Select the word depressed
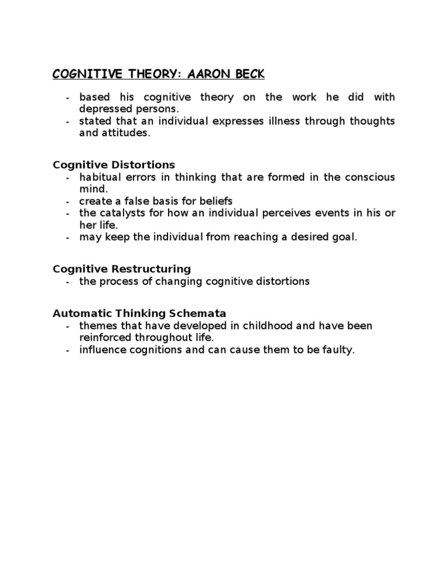point(103,108)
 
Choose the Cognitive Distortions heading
point(114,165)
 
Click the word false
point(138,201)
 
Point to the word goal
point(343,237)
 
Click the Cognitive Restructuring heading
point(122,269)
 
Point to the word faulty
point(339,350)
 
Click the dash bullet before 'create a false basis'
point(68,202)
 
